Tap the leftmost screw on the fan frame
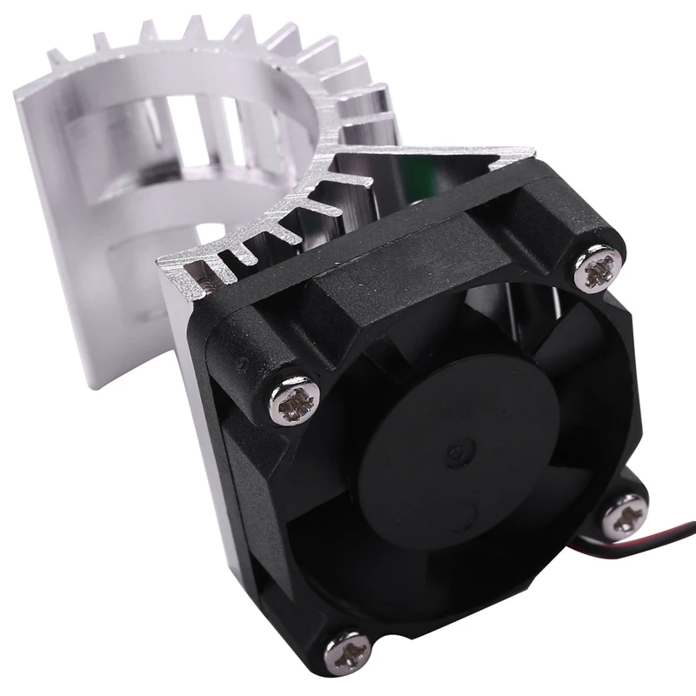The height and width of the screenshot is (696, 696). [293, 403]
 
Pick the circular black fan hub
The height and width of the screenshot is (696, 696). [452, 461]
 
